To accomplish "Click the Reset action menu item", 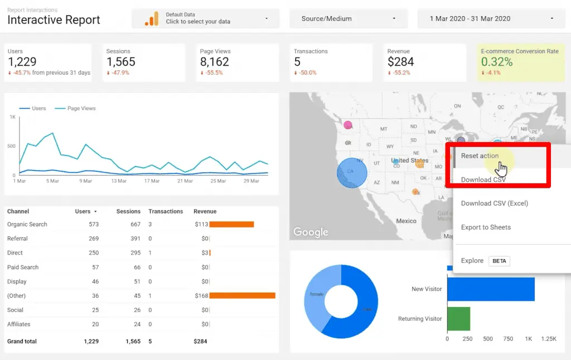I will tap(480, 156).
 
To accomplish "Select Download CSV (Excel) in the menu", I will tap(494, 203).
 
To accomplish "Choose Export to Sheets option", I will tap(485, 227).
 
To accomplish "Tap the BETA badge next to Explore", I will tap(499, 261).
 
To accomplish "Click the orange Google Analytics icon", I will tap(151, 18).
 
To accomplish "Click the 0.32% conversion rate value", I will tap(497, 62).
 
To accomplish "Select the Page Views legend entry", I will tap(81, 109).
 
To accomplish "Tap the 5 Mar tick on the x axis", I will tap(52, 181).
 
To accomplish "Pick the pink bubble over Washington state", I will tap(348, 125).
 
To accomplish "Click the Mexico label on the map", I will tap(406, 221).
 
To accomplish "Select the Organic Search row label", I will tap(27, 225).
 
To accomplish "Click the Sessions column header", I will tap(128, 212).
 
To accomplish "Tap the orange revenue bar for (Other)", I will tap(242, 296).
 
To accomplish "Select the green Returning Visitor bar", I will tap(458, 319).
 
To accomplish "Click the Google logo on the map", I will tap(311, 232).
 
